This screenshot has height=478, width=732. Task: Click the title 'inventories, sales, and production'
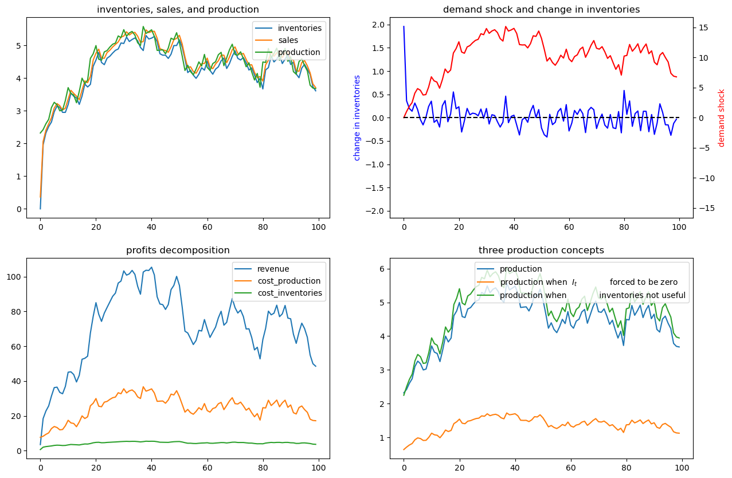pyautogui.click(x=178, y=10)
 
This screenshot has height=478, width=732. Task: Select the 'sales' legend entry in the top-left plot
pyautogui.click(x=290, y=40)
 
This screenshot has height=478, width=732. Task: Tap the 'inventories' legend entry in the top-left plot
pyautogui.click(x=300, y=28)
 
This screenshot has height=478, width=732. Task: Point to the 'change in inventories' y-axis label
pyautogui.click(x=357, y=117)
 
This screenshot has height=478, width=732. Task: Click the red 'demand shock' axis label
pyautogui.click(x=722, y=117)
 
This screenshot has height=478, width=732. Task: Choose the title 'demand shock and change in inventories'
pyautogui.click(x=541, y=10)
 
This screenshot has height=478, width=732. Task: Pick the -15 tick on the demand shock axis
pyautogui.click(x=704, y=207)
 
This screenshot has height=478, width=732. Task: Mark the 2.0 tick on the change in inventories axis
pyautogui.click(x=378, y=24)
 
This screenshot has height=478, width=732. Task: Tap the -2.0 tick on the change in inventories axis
pyautogui.click(x=376, y=211)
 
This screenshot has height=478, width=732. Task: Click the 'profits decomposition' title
pyautogui.click(x=178, y=250)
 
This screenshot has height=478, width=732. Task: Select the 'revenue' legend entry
pyautogui.click(x=273, y=269)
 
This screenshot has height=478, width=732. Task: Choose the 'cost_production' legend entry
pyautogui.click(x=288, y=281)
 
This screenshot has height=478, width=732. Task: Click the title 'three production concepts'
pyautogui.click(x=541, y=250)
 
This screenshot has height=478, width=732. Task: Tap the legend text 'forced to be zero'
pyautogui.click(x=643, y=282)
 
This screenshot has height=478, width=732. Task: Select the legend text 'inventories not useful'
pyautogui.click(x=642, y=296)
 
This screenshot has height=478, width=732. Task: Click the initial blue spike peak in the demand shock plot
pyautogui.click(x=404, y=26)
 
